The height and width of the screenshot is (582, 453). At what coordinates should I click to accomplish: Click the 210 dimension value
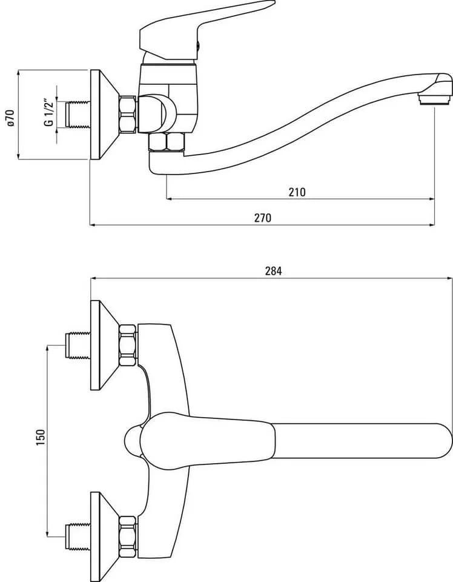[297, 192]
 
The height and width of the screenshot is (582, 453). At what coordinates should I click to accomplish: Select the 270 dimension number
[262, 218]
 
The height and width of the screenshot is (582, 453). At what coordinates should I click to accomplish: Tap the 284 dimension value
[273, 272]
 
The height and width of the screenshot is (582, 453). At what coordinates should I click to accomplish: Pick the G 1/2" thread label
[49, 113]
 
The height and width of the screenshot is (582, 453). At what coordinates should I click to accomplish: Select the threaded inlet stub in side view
[78, 115]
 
